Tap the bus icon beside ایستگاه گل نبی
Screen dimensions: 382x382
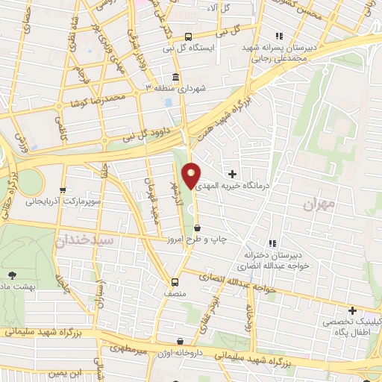coord(188,37)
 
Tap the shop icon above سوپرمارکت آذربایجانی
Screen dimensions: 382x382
coord(63,190)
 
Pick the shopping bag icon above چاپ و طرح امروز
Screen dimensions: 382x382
coord(197,228)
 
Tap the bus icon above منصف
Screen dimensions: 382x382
coord(175,282)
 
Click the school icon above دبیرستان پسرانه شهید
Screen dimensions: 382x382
coord(279,36)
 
